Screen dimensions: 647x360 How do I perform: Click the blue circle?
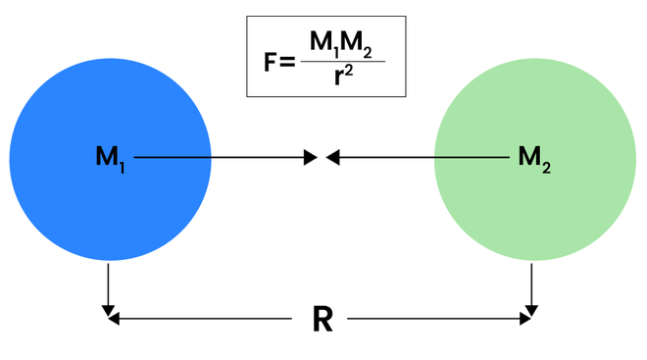(111, 159)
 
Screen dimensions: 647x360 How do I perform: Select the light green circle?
(535, 159)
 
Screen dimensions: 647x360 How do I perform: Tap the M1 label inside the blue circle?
(110, 159)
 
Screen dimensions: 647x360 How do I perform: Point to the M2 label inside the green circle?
(534, 159)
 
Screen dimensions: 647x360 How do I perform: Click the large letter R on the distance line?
(323, 319)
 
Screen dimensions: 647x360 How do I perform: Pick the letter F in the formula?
(270, 63)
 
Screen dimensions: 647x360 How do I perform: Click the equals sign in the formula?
(287, 63)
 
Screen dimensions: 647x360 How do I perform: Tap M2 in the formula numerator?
(357, 44)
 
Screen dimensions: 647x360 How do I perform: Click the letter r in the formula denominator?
(339, 76)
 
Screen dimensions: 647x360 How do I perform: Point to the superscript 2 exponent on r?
(349, 71)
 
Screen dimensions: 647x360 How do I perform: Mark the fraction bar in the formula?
(343, 62)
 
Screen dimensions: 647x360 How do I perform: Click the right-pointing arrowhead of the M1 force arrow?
(311, 157)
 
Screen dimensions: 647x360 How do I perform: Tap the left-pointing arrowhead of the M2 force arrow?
(332, 157)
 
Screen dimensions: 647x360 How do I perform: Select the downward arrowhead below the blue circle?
(108, 311)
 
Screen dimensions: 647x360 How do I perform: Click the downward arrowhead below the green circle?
(531, 311)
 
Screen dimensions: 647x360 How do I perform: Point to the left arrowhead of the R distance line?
(114, 319)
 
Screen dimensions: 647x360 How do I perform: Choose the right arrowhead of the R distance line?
(525, 319)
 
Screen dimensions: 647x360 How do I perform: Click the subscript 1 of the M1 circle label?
(123, 168)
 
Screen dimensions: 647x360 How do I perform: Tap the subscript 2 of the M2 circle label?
(546, 168)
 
